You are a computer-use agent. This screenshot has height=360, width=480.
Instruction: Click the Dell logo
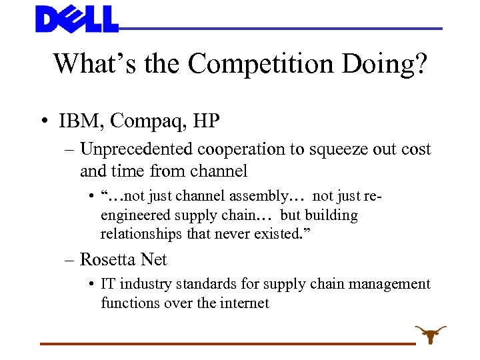pyautogui.click(x=77, y=19)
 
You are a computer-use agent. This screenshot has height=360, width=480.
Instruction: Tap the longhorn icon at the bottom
pyautogui.click(x=430, y=333)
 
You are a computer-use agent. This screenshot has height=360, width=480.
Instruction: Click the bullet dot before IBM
pyautogui.click(x=43, y=122)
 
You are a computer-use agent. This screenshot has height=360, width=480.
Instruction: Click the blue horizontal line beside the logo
pyautogui.click(x=280, y=29)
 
